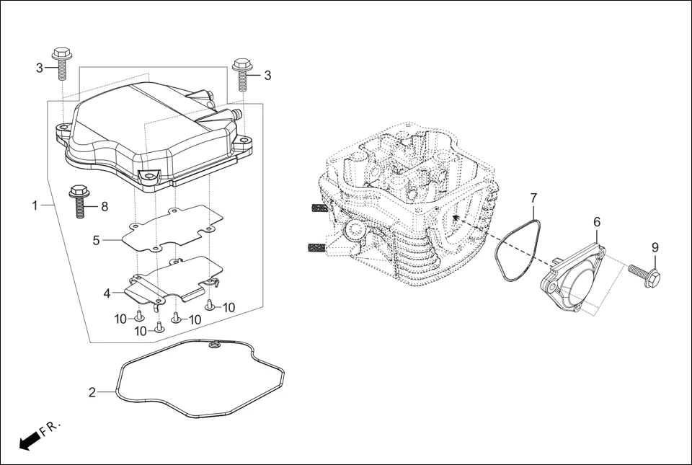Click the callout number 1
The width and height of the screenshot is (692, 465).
click(x=35, y=205)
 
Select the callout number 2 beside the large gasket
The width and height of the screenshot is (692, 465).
click(x=92, y=392)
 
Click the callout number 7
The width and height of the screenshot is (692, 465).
click(x=533, y=198)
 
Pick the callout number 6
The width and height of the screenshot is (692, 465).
click(x=597, y=222)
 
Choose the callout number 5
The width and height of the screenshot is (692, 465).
click(x=96, y=240)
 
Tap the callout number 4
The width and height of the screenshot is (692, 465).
click(x=107, y=293)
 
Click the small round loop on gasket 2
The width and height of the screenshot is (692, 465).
click(x=213, y=347)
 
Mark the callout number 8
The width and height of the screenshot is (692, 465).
click(x=105, y=207)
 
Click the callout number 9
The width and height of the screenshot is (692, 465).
click(x=655, y=247)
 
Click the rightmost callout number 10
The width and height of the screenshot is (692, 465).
click(x=229, y=307)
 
